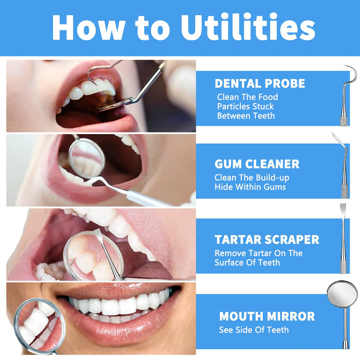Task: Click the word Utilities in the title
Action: tap(248, 28)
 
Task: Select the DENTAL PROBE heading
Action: tap(260, 83)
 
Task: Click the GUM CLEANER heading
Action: tap(257, 164)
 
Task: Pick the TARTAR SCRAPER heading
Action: tap(267, 239)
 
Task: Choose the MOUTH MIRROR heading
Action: tap(267, 316)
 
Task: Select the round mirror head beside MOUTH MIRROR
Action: tap(342, 293)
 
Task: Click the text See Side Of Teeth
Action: tap(254, 330)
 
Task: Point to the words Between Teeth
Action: tap(246, 116)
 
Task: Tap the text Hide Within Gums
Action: tap(250, 187)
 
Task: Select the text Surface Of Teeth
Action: tap(247, 262)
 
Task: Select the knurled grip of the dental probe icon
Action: tap(344, 120)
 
